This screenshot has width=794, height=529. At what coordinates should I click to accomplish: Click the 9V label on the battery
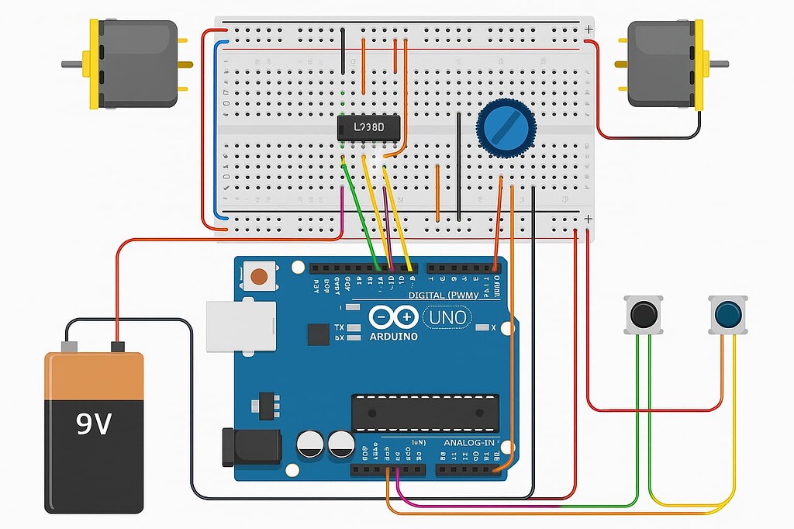[94, 424]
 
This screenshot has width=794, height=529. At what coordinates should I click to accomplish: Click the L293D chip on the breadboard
[369, 128]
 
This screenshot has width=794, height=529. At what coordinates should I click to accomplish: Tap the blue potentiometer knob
[506, 129]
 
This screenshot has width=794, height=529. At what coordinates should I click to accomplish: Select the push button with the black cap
[644, 315]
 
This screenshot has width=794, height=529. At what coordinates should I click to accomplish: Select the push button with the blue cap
[728, 315]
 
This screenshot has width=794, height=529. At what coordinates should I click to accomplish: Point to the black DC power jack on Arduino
[251, 446]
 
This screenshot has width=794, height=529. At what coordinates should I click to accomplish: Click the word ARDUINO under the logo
[393, 337]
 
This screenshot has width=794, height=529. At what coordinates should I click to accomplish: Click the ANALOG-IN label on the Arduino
[468, 443]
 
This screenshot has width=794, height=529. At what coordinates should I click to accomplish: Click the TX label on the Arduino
[340, 327]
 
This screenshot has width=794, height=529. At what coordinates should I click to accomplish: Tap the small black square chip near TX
[318, 334]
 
